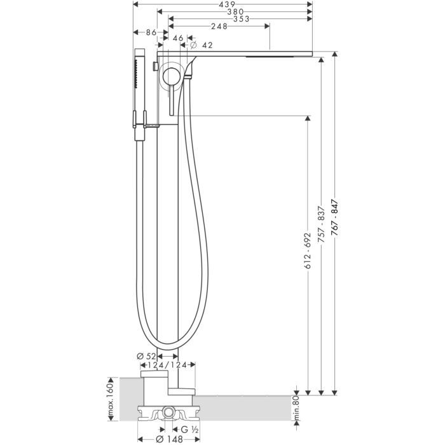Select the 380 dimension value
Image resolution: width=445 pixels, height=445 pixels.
point(235,11)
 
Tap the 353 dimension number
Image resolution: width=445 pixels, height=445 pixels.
point(240,19)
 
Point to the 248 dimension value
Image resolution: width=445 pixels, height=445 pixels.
point(219,27)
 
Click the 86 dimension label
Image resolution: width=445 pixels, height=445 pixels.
point(151,32)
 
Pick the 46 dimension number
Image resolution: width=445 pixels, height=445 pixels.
point(177,39)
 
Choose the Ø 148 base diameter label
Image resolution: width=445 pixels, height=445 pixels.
point(168,439)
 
